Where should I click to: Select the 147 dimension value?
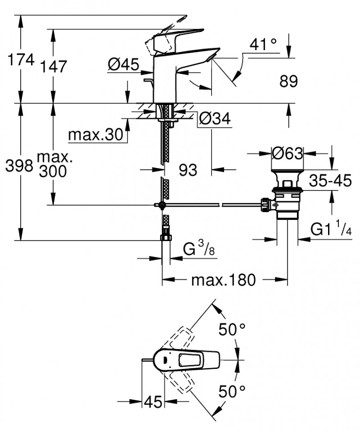coord(53,66)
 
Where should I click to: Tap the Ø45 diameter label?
coord(123,65)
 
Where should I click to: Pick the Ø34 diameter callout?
coord(214,119)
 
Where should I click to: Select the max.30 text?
coord(95,134)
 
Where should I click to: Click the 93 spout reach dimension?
coord(188,170)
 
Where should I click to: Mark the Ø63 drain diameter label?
coord(288,154)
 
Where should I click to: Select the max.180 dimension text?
coord(223,280)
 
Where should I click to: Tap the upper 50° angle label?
coord(232,330)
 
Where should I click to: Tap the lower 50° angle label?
coord(232,391)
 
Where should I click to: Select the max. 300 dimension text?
coord(53,164)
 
